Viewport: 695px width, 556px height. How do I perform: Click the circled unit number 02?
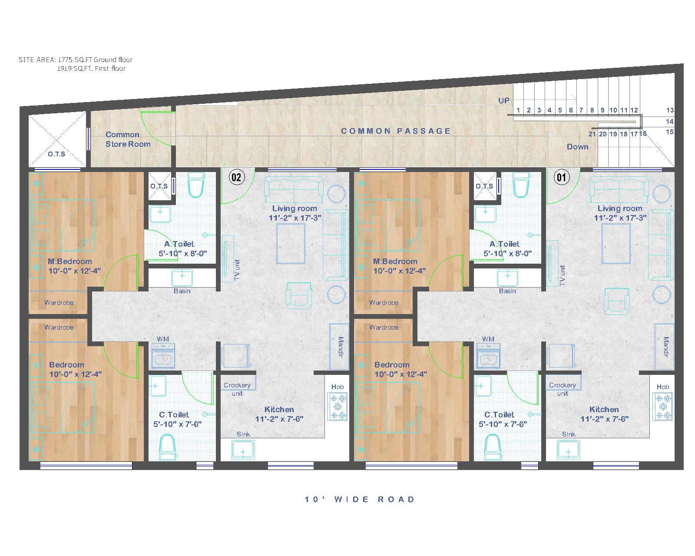click(x=236, y=177)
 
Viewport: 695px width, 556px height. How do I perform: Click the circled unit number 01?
click(x=561, y=177)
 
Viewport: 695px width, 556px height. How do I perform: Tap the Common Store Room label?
click(x=128, y=139)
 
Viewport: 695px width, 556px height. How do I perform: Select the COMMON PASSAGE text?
click(x=396, y=131)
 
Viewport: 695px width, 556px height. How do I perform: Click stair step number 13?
click(x=670, y=110)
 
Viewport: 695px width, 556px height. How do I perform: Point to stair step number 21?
click(x=592, y=134)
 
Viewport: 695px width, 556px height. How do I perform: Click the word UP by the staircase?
click(x=504, y=100)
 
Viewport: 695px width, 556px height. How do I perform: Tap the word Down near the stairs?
click(x=577, y=147)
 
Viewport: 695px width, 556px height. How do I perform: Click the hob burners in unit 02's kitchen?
click(x=338, y=407)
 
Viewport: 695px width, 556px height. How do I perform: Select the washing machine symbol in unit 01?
click(x=488, y=356)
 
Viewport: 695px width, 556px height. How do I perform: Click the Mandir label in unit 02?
click(x=341, y=347)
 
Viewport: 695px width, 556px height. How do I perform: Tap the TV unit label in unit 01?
click(x=562, y=275)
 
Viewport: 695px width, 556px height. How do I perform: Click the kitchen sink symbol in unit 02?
click(x=243, y=450)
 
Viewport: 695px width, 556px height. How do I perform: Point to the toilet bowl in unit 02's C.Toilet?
click(x=168, y=447)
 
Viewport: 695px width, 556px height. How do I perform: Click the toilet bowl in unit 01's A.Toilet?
click(x=521, y=185)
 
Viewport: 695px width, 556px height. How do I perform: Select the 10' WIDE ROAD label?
click(x=360, y=500)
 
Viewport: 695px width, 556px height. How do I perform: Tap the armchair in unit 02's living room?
click(x=299, y=296)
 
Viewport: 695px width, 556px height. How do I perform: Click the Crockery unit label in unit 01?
click(x=562, y=389)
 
